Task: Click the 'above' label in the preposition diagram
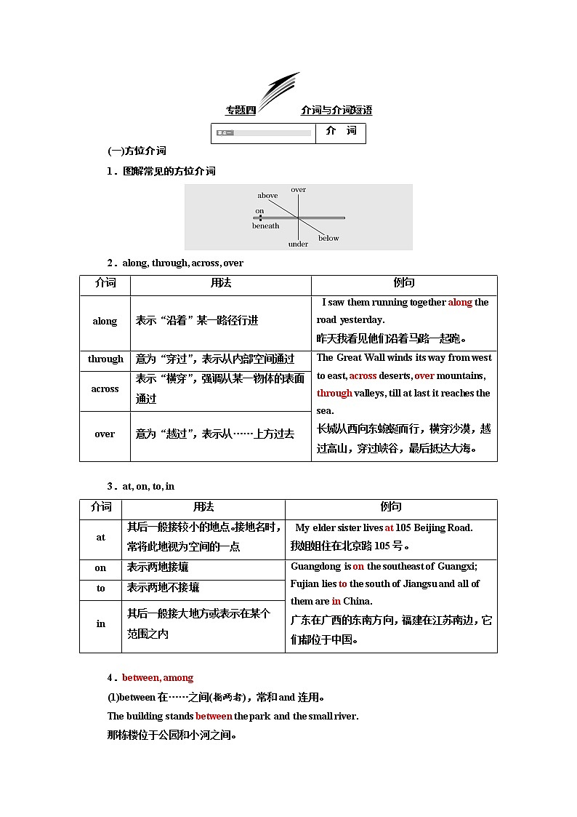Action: pos(267,196)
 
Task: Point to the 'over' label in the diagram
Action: pos(298,190)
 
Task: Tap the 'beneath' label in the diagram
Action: pos(265,226)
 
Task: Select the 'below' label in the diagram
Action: pos(328,239)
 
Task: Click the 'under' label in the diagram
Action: pos(298,244)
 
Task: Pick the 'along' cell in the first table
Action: pos(105,322)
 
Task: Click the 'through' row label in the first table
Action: pos(105,359)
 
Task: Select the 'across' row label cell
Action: pos(105,389)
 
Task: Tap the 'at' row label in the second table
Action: pos(100,538)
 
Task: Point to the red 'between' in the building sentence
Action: pos(214,717)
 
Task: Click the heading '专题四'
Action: pos(241,111)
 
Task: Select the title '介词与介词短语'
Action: pos(336,111)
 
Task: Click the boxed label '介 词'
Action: pos(341,132)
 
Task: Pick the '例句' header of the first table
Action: pos(403,284)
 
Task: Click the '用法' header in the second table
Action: pos(203,507)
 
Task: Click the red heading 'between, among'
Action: pos(158,678)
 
